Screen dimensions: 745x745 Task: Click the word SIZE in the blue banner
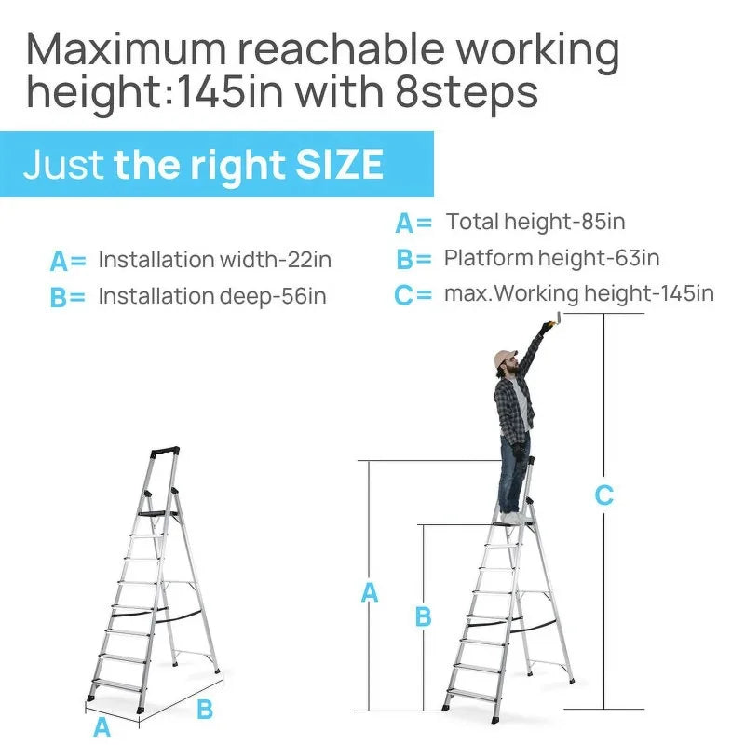click(x=339, y=165)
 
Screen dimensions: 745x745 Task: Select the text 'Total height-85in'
click(x=535, y=222)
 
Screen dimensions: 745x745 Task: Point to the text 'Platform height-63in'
click(x=551, y=258)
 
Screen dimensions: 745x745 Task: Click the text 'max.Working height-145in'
click(x=579, y=293)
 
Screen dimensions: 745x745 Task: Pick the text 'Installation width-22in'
click(x=215, y=260)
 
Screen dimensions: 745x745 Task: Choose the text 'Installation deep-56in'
click(x=212, y=296)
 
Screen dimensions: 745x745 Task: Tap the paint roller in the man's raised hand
click(x=557, y=319)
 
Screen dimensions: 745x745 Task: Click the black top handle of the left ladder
click(x=165, y=451)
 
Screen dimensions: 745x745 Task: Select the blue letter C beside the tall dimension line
click(x=603, y=495)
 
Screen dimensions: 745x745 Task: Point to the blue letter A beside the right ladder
click(x=370, y=592)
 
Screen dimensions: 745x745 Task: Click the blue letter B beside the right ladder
click(x=424, y=616)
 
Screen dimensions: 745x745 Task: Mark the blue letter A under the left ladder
click(x=102, y=727)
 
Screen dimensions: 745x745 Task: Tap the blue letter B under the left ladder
click(x=205, y=709)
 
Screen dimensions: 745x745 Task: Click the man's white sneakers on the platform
click(x=513, y=518)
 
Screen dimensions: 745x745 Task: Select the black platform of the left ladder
click(x=156, y=514)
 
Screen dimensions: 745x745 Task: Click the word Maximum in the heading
click(x=127, y=49)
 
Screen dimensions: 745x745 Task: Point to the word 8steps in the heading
click(x=467, y=93)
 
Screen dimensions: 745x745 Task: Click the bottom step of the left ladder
click(x=117, y=684)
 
